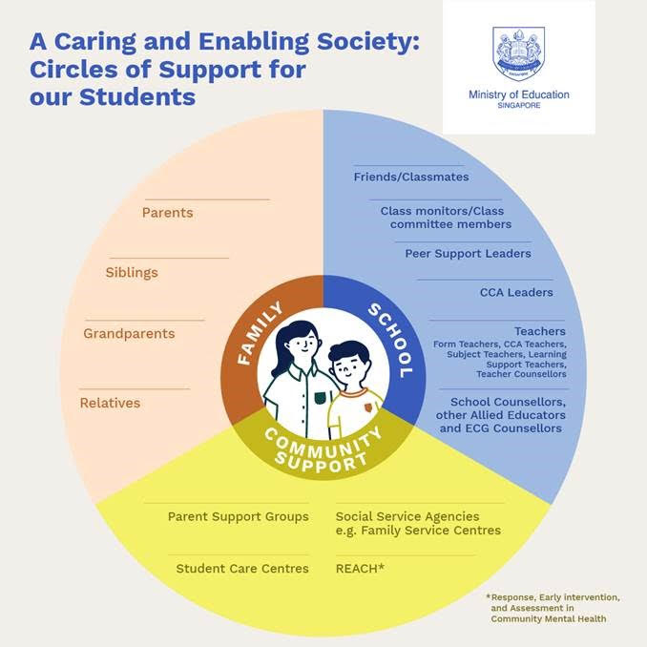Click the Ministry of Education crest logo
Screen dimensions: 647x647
tap(518, 52)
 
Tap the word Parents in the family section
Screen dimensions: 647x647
tap(167, 213)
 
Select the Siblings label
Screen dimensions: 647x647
tap(132, 273)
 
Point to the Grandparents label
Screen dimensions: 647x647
tap(129, 334)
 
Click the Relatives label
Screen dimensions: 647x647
tap(110, 403)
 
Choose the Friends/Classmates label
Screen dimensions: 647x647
tap(411, 177)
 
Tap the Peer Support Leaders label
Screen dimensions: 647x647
tap(468, 254)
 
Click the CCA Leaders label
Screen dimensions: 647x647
tap(516, 292)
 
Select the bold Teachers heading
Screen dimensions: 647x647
tap(539, 331)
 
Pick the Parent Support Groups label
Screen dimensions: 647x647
tap(238, 516)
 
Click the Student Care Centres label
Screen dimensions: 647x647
tap(242, 569)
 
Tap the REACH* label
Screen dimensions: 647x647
tap(360, 569)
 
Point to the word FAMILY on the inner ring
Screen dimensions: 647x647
tap(260, 333)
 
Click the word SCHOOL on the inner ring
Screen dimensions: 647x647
tap(390, 340)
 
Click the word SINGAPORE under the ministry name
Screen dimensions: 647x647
tap(518, 106)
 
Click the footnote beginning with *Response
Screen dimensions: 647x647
tap(553, 608)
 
